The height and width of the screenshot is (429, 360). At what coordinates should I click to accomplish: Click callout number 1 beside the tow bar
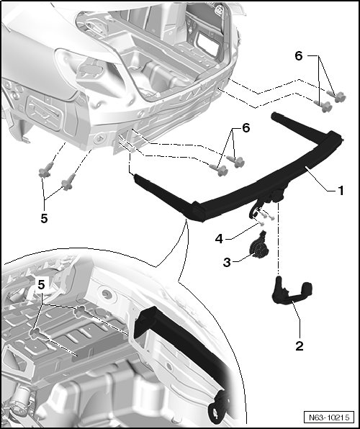[x=341, y=191]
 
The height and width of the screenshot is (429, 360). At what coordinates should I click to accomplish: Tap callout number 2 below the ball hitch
[x=300, y=346]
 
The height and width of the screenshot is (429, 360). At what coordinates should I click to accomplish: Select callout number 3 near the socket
[x=227, y=263]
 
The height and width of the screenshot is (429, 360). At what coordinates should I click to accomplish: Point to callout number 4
[x=219, y=239]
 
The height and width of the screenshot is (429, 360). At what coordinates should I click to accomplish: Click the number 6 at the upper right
[x=299, y=56]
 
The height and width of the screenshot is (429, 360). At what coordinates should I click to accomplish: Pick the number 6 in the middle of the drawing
[x=246, y=128]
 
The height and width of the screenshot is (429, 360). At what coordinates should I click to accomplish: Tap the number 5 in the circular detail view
[x=41, y=285]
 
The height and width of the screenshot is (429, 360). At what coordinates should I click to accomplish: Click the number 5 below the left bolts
[x=44, y=218]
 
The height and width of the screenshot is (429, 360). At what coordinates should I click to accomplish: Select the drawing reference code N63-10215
[x=329, y=417]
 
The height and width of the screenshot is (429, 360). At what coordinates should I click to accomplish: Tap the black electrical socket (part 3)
[x=258, y=246]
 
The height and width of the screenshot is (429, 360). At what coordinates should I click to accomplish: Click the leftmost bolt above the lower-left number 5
[x=45, y=170]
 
